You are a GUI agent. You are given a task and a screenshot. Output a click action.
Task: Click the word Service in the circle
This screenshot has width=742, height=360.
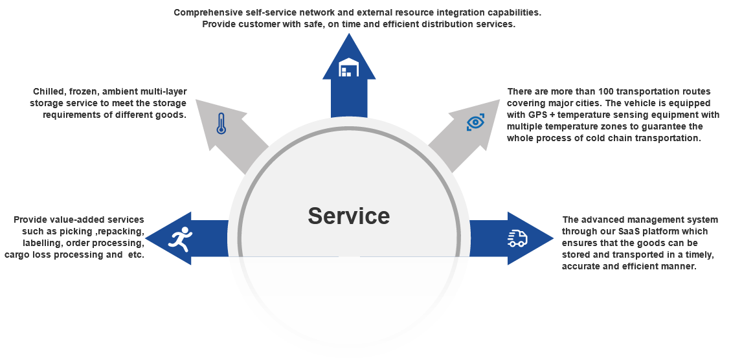[348, 216]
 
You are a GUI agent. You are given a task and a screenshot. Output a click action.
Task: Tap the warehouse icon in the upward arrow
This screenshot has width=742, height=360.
[349, 67]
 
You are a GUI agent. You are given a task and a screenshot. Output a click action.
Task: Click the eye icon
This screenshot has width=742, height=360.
[476, 122]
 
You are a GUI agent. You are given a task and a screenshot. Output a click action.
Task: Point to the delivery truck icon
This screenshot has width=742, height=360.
[517, 238]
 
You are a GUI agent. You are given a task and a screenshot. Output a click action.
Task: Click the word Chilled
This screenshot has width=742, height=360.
[49, 92]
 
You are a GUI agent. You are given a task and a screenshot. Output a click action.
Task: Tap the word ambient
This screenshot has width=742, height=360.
[123, 92]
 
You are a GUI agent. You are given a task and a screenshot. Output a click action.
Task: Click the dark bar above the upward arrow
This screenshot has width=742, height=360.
[357, 19]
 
